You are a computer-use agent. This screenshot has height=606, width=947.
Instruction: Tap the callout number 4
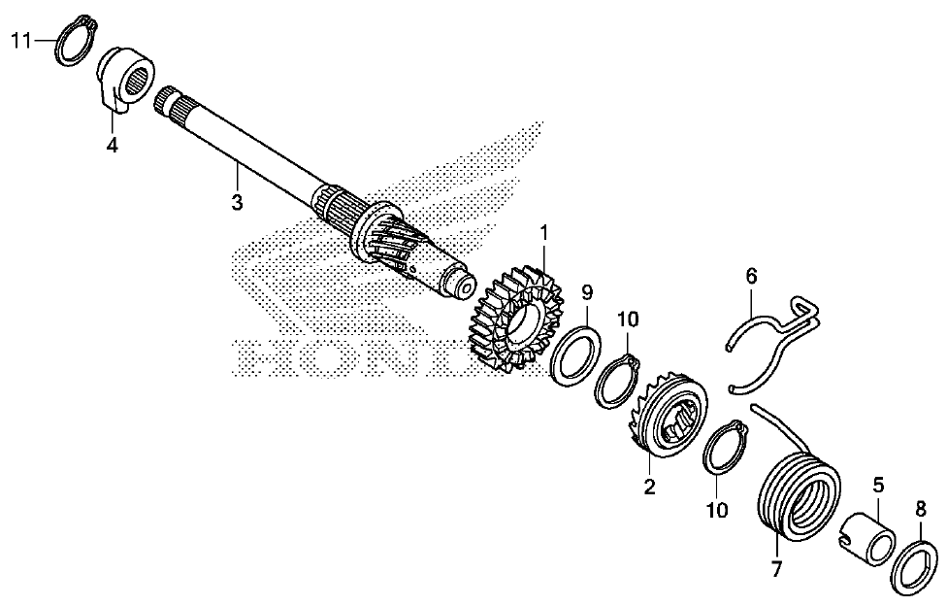(x=114, y=146)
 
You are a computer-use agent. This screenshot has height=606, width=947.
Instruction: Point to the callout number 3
(x=237, y=202)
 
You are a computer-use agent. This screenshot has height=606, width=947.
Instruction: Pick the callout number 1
(x=544, y=232)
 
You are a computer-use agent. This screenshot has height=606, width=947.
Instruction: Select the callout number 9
(x=587, y=290)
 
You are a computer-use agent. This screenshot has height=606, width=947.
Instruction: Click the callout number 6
(x=751, y=276)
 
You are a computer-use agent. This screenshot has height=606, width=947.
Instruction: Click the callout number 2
(x=649, y=487)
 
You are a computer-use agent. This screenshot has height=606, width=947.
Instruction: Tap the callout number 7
(x=775, y=569)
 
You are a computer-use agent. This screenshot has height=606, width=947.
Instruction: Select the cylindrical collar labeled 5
(x=871, y=540)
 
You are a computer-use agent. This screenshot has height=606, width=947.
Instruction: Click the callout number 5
(x=878, y=483)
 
